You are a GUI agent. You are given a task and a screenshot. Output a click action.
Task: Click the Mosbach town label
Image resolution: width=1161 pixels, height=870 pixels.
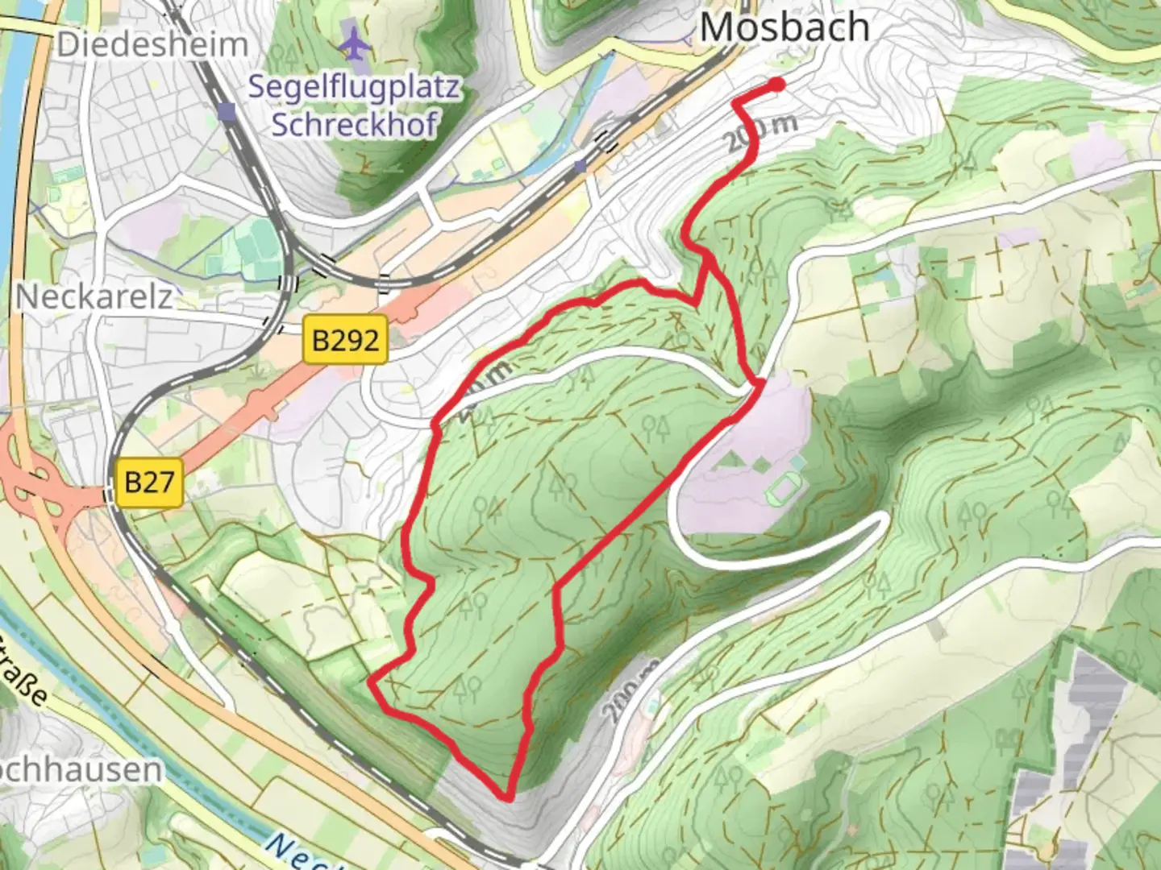pyautogui.click(x=784, y=27)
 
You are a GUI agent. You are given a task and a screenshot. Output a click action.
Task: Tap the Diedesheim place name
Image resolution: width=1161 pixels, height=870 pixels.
pyautogui.click(x=152, y=44)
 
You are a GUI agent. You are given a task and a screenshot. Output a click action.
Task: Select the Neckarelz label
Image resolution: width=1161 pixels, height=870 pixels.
pyautogui.click(x=94, y=297)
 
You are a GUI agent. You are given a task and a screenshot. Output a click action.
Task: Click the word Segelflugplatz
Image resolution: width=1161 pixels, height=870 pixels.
pyautogui.click(x=353, y=87)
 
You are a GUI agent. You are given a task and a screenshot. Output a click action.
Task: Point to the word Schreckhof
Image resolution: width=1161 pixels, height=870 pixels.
pyautogui.click(x=353, y=124)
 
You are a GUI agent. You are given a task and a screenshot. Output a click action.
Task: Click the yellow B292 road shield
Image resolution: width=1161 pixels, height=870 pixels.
pyautogui.click(x=345, y=340)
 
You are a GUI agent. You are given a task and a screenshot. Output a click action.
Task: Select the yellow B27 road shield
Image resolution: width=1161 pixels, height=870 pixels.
pyautogui.click(x=149, y=482)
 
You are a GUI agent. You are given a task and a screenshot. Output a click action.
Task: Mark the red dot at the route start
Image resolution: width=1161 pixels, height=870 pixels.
pyautogui.click(x=776, y=84)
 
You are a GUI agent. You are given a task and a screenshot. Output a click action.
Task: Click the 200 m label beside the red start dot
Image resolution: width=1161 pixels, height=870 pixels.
pyautogui.click(x=762, y=133)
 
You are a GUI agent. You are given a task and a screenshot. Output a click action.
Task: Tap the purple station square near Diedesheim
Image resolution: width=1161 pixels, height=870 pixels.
pyautogui.click(x=228, y=111)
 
